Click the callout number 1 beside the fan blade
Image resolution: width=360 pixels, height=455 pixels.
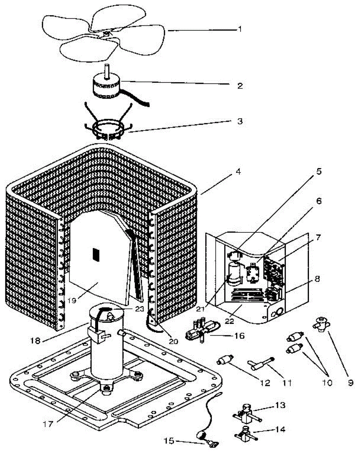(x=239, y=29)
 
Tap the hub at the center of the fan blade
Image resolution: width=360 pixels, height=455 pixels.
(x=106, y=34)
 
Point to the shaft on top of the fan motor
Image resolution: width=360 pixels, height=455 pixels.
(x=107, y=71)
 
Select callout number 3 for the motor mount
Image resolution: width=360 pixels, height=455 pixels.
(x=240, y=122)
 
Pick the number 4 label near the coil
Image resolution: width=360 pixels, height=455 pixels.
(x=238, y=171)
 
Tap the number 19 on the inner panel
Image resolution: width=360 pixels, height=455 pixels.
(x=72, y=300)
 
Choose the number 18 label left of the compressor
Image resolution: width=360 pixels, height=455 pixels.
(x=35, y=340)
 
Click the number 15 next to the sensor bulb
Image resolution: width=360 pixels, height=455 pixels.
(x=169, y=441)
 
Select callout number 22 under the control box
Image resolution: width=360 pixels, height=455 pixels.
(x=230, y=321)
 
